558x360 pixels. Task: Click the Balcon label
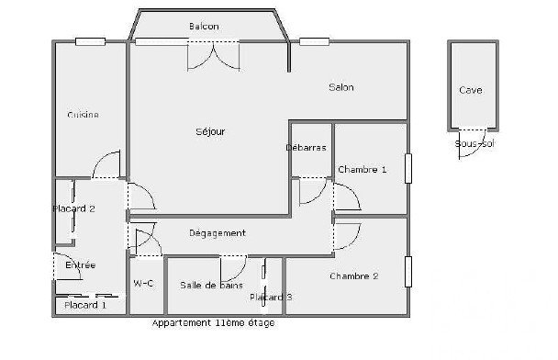click(x=204, y=27)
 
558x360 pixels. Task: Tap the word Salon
click(x=341, y=87)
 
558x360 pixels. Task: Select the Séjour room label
click(x=210, y=131)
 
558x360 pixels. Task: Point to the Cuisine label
click(x=83, y=115)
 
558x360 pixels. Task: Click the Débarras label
click(x=306, y=148)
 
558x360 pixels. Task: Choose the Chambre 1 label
click(x=363, y=170)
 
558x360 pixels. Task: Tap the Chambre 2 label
click(x=354, y=276)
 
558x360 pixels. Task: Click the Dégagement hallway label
click(x=218, y=233)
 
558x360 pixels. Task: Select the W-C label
click(x=143, y=284)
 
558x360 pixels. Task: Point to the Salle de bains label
click(x=211, y=286)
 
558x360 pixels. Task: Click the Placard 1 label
click(x=85, y=305)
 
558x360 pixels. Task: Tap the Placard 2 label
click(x=73, y=208)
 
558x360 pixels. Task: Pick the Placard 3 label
click(x=271, y=297)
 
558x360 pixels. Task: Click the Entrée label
click(x=81, y=264)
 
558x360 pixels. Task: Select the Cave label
click(x=471, y=90)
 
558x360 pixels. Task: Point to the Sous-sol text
click(x=474, y=144)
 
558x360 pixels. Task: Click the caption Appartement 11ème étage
click(x=213, y=323)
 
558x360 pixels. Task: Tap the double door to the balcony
click(x=214, y=56)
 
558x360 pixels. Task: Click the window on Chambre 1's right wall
click(x=408, y=168)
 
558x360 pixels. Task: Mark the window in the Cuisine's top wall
click(x=90, y=41)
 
